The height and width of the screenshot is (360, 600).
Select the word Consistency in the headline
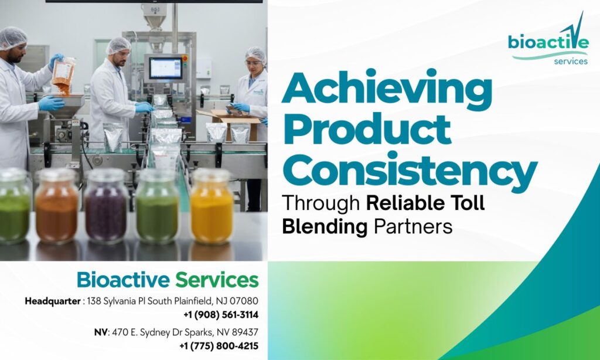tap(409, 170)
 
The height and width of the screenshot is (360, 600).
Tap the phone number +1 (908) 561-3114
tap(221, 314)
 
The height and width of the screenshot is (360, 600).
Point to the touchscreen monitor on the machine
tap(165, 68)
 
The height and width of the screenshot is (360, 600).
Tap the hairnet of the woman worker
tap(255, 55)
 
